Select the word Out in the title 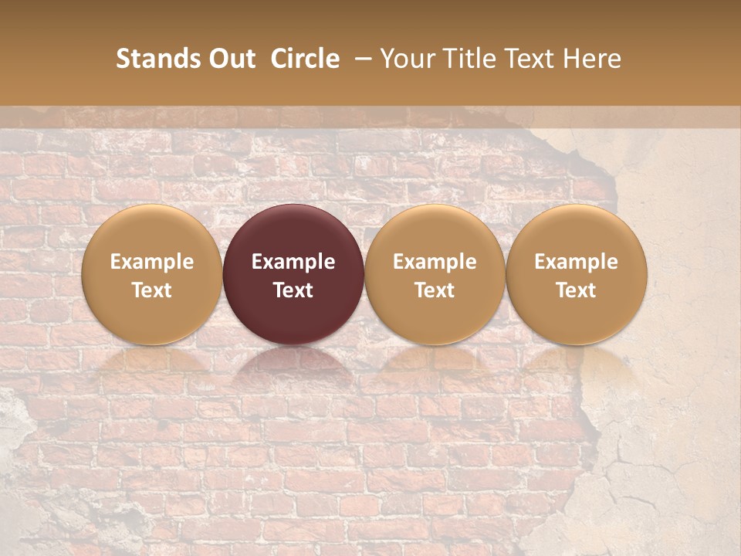coord(231,59)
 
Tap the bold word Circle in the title coord(305,59)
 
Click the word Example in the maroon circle coord(293,262)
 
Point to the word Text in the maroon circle coord(293,290)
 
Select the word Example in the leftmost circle coord(151,262)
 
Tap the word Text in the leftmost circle coord(151,290)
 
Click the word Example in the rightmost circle coord(576,262)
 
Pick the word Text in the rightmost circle coord(576,290)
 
